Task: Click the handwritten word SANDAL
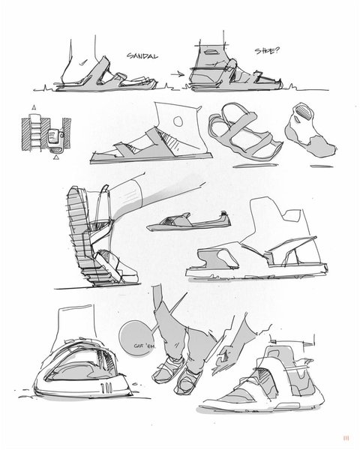(x=142, y=55)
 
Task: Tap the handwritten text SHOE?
(x=267, y=51)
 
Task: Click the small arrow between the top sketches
(x=178, y=74)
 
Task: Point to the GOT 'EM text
(x=145, y=346)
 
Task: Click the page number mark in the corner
(x=346, y=438)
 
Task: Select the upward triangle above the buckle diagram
(x=34, y=107)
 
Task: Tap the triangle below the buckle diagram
(x=57, y=157)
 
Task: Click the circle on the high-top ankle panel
(x=178, y=121)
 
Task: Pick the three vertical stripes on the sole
(x=106, y=388)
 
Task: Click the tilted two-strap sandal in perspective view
(x=244, y=132)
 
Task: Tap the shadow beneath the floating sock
(x=322, y=166)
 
